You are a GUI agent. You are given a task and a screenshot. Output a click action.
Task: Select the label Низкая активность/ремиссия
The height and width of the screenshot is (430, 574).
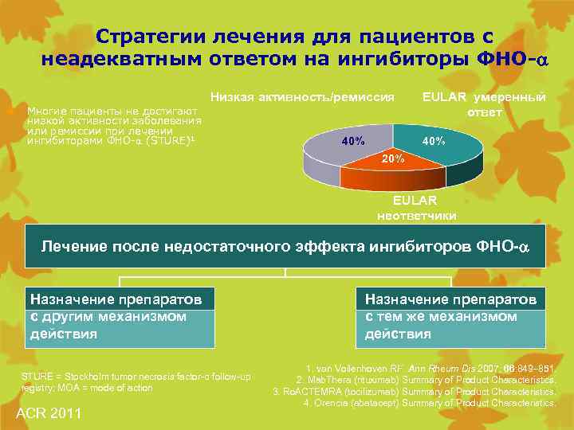pos(302,97)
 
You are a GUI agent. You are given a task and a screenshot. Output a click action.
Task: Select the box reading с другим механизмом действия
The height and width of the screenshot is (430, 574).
pos(120,317)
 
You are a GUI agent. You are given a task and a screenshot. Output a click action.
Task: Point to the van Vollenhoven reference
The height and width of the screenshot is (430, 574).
pos(431,369)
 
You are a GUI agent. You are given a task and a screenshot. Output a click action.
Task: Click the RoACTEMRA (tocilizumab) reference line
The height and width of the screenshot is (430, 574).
pos(415,392)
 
